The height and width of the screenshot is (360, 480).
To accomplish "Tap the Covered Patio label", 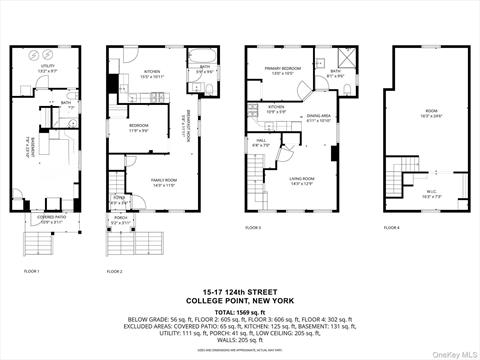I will (51, 218).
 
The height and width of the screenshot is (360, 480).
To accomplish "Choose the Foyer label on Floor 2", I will (120, 200).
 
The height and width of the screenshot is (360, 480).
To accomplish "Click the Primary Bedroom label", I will (284, 71).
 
